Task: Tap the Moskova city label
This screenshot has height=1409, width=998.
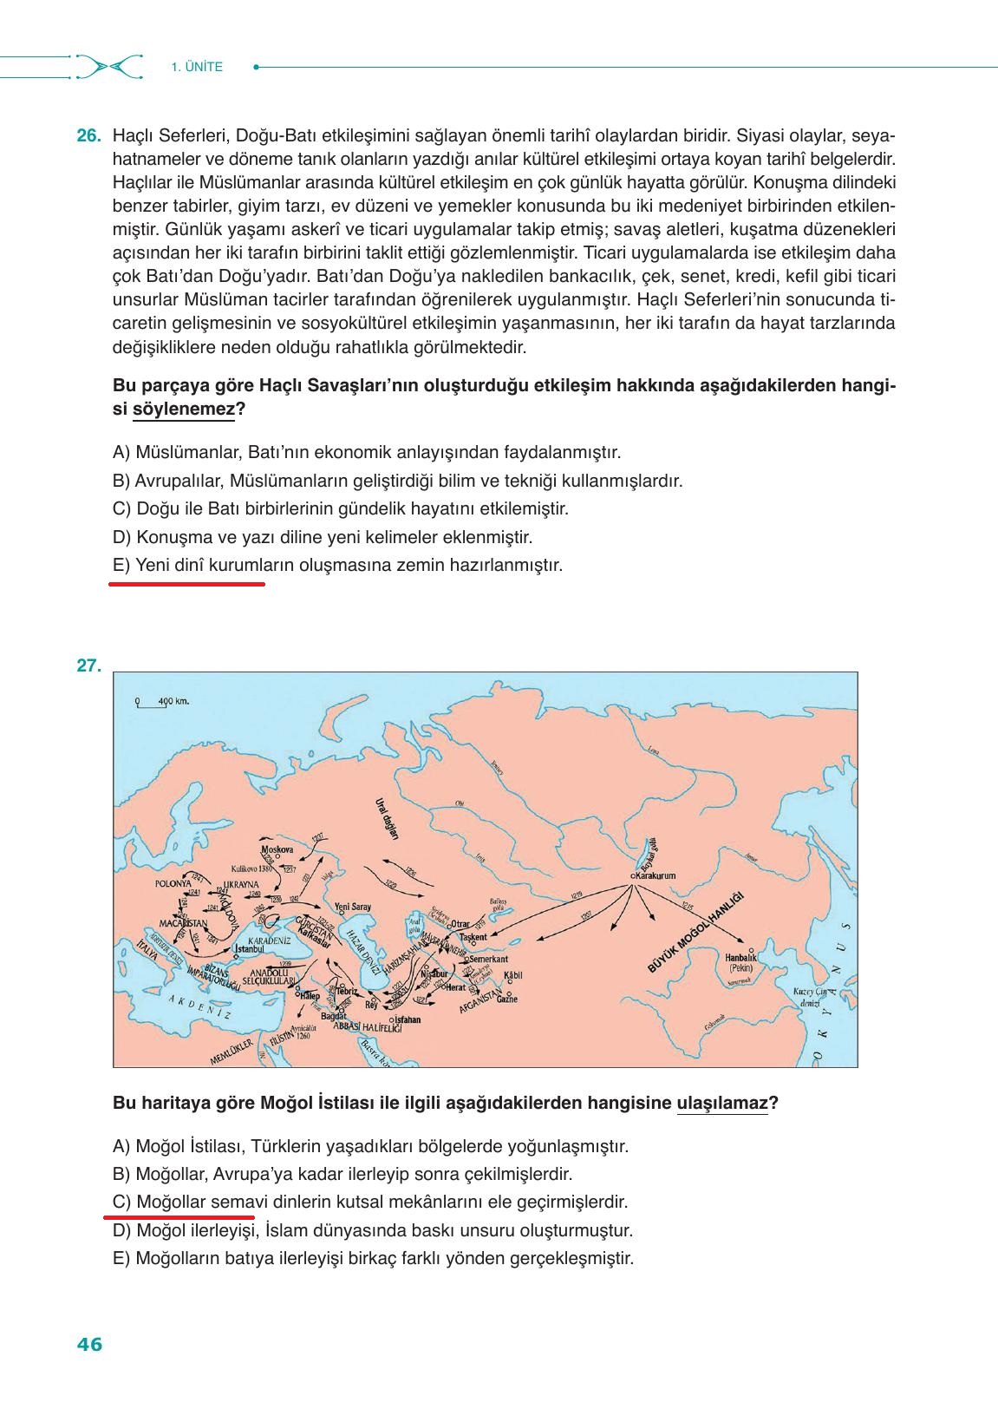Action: [x=277, y=849]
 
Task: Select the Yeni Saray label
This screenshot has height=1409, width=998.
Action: [x=352, y=907]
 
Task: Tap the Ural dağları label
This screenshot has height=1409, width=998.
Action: [x=386, y=818]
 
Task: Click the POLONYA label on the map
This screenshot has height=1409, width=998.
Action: [x=173, y=883]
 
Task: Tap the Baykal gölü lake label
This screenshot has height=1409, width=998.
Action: [x=649, y=854]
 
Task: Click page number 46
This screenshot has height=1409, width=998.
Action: [x=89, y=1345]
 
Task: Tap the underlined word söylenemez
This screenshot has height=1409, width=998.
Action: [x=183, y=409]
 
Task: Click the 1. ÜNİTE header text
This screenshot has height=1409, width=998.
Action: [x=197, y=67]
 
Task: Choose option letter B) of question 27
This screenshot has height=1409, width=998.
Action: [x=122, y=1174]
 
